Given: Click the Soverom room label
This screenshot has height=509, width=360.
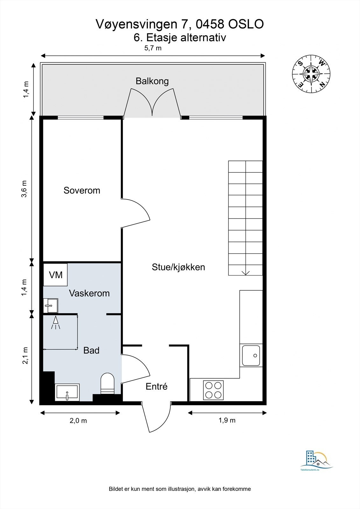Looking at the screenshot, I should (82, 190).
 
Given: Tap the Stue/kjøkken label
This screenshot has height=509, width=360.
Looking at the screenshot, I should (178, 267).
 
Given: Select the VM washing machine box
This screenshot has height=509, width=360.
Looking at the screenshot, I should (55, 275).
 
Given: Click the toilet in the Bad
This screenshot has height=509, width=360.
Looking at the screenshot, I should (107, 383).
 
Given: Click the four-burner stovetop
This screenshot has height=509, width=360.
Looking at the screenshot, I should (213, 390).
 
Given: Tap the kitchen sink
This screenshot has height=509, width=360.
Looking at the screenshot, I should (251, 356).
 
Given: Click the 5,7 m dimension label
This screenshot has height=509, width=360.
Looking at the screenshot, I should (153, 48).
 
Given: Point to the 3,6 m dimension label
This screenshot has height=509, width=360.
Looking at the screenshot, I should (25, 189).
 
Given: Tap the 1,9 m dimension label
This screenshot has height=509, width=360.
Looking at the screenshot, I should (227, 420).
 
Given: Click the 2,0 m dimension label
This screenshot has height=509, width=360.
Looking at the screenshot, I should (78, 421).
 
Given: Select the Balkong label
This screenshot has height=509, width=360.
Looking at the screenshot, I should (152, 81).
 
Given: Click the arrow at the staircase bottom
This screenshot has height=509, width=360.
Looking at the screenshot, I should (245, 272).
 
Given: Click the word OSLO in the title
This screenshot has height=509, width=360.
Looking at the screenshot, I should (246, 24).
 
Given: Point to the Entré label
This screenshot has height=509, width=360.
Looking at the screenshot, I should (157, 387).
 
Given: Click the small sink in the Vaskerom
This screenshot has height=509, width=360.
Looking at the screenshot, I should (50, 305).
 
